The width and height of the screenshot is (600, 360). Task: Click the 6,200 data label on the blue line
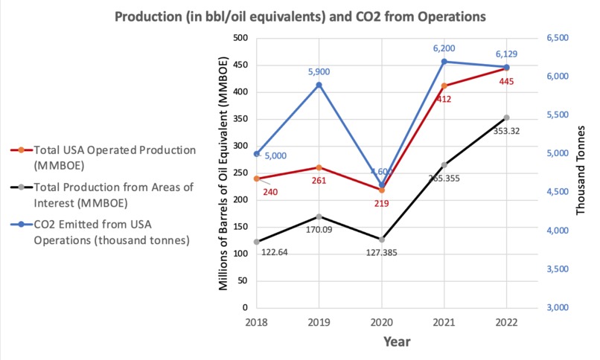444,47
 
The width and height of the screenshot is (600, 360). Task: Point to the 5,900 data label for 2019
319,71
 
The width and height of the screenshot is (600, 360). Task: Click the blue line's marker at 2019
319,85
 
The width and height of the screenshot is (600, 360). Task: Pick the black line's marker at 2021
444,164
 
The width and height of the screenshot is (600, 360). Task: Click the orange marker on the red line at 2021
444,86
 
